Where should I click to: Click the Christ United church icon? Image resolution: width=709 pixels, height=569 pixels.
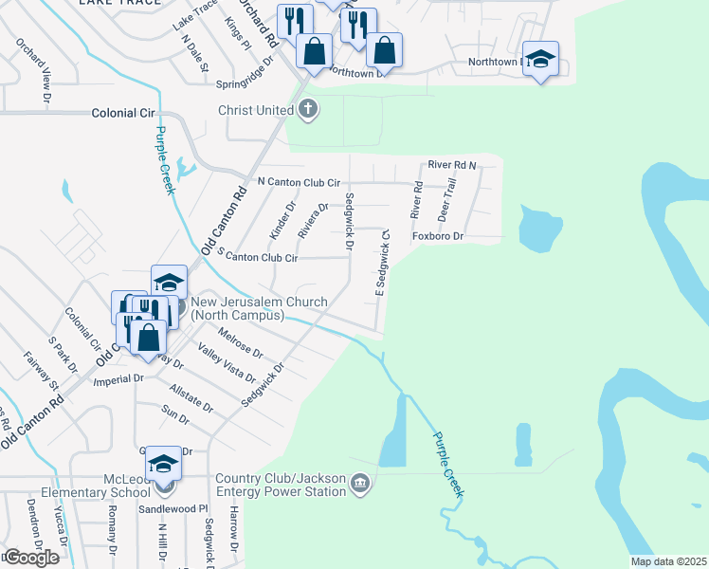pyautogui.click(x=307, y=110)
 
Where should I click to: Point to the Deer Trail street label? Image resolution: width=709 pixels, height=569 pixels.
pyautogui.click(x=445, y=199)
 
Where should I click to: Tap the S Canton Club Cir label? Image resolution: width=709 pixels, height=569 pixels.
pyautogui.click(x=258, y=257)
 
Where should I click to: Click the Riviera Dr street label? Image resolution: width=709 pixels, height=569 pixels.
pyautogui.click(x=313, y=221)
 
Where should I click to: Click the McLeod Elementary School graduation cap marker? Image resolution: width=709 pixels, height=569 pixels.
pyautogui.click(x=163, y=465)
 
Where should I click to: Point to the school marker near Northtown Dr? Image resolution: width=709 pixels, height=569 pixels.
pyautogui.click(x=540, y=59)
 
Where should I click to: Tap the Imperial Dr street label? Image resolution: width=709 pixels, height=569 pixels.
pyautogui.click(x=118, y=377)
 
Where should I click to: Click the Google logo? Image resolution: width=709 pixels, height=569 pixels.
pyautogui.click(x=30, y=558)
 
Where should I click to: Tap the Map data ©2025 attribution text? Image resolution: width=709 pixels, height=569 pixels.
pyautogui.click(x=667, y=561)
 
